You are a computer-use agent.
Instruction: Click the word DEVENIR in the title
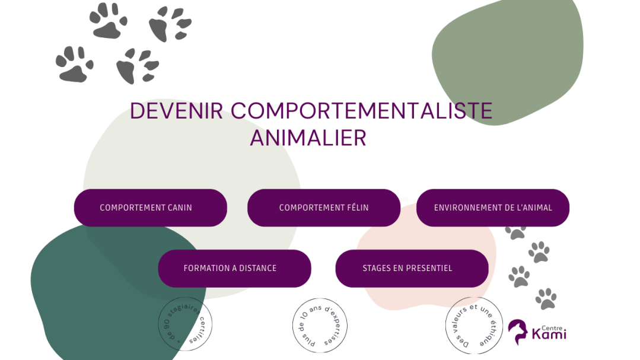point(176,111)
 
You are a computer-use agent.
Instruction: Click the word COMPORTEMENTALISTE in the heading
point(361,111)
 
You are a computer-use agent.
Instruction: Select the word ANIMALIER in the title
point(308,138)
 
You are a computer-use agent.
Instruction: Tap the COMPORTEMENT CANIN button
point(150,208)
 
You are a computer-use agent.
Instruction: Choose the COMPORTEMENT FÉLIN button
point(324,208)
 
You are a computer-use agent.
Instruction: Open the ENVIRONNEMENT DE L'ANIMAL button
point(493,208)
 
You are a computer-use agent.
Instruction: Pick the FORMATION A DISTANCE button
point(235,268)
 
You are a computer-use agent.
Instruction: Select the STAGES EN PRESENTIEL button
point(412,268)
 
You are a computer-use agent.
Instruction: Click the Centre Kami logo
point(537,333)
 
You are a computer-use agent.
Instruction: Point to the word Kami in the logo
point(545,335)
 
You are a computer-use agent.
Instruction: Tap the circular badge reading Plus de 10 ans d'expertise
point(320,325)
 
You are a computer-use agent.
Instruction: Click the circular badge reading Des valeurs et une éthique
point(473,325)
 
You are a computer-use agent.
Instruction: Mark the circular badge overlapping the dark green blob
point(185,324)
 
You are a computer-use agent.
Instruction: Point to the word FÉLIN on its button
point(356,208)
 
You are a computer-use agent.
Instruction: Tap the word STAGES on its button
point(377,268)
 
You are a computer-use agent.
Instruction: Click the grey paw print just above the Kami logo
point(546,298)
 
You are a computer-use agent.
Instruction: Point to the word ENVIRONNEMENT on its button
point(468,208)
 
